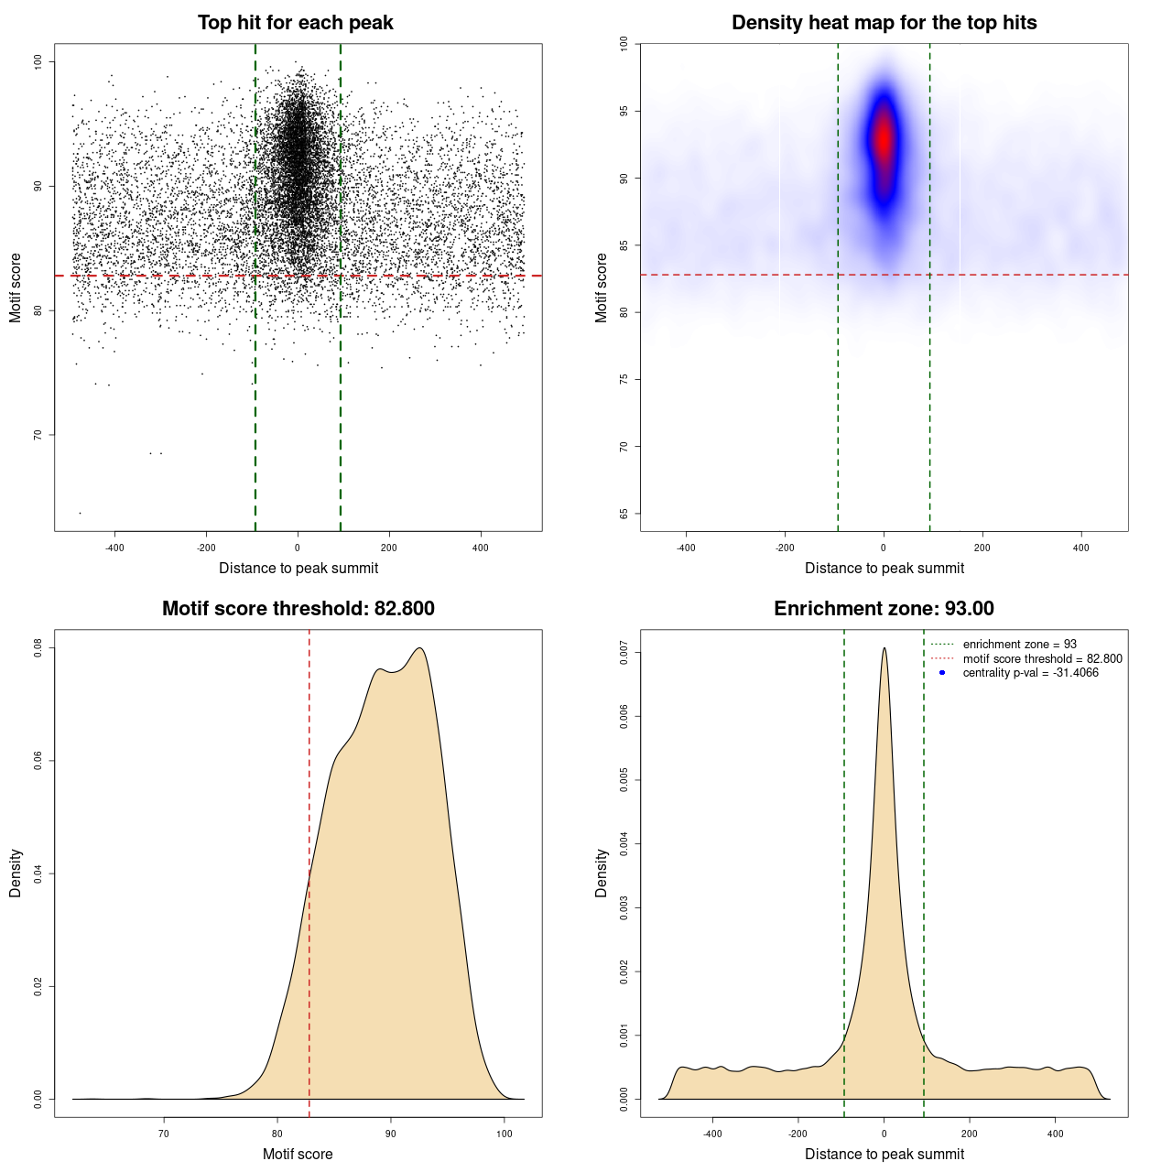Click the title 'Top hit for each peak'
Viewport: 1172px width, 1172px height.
point(295,23)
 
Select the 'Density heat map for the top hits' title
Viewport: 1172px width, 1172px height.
point(884,23)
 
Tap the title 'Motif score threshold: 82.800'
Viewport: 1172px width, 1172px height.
point(298,609)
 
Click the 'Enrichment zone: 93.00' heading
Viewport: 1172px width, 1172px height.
point(884,609)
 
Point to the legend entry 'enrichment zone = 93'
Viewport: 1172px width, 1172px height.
point(1019,645)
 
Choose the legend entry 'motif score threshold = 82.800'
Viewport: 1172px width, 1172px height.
point(1042,659)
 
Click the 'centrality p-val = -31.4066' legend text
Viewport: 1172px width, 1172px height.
point(1030,673)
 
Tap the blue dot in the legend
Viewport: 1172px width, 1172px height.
point(942,673)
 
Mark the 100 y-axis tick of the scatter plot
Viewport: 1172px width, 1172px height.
point(38,61)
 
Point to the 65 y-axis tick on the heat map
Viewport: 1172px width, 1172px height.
point(624,514)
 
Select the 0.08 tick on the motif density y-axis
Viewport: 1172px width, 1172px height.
point(38,648)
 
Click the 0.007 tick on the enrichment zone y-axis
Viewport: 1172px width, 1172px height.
point(624,653)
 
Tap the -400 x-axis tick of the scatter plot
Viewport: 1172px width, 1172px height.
point(114,548)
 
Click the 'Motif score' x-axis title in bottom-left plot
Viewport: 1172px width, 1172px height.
point(298,1155)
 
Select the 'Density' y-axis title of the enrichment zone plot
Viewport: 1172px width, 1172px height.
point(602,873)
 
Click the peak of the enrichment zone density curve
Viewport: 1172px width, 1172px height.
point(884,648)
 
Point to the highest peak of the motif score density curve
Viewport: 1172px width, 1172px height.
point(420,648)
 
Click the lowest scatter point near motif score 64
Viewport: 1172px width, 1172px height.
point(80,513)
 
